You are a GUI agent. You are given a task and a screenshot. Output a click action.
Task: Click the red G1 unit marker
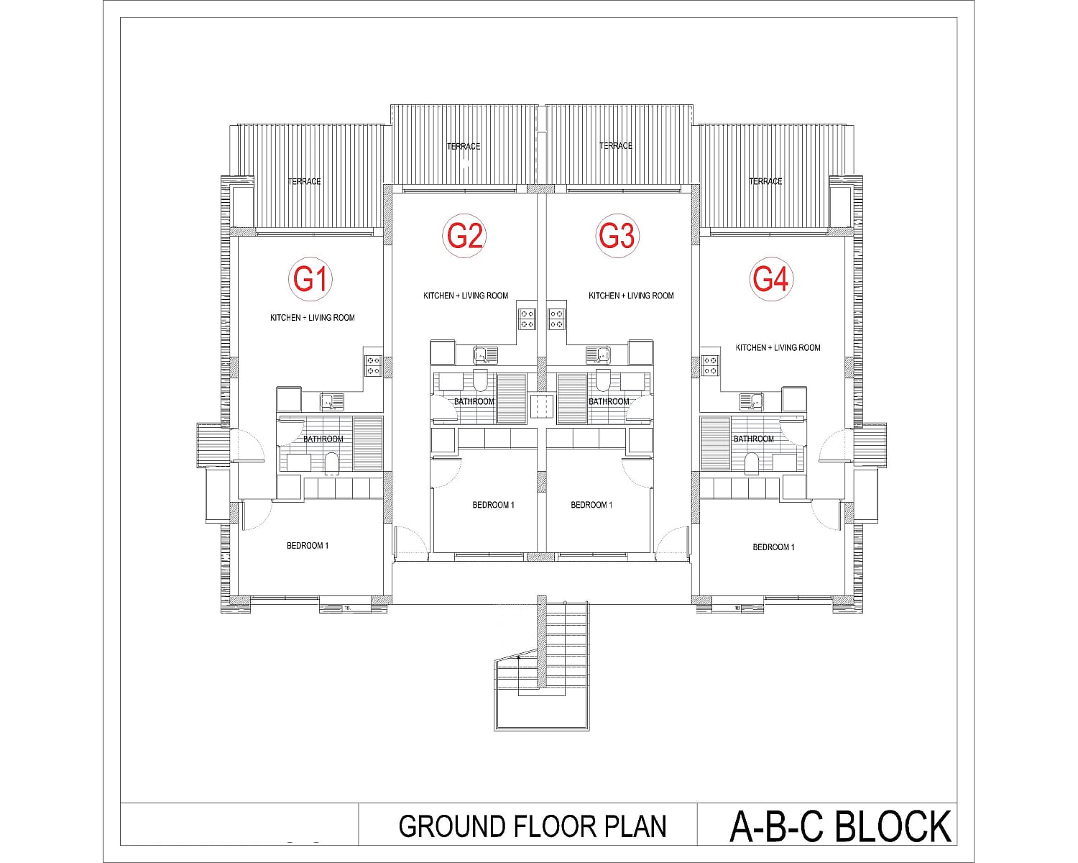coord(310,279)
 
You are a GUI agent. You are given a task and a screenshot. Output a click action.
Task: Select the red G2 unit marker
coord(464,236)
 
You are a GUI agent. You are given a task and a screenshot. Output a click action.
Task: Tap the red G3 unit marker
coord(617,236)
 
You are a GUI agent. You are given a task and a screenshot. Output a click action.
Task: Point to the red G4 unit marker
coord(771,279)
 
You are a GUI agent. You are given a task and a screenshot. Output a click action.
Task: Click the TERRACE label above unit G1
coord(305,181)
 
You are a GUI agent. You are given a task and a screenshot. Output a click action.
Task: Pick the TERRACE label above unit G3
coord(616,145)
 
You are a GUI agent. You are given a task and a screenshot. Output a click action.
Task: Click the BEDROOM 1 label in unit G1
coord(308,546)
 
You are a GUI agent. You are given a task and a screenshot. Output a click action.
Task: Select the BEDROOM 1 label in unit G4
coord(773,547)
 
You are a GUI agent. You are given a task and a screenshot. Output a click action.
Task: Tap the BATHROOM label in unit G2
coord(474,401)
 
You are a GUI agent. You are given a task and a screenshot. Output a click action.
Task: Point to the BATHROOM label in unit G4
coord(754,439)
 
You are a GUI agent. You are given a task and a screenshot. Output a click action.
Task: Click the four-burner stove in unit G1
coord(373,365)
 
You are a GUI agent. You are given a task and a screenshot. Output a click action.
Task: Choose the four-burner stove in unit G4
coord(710,365)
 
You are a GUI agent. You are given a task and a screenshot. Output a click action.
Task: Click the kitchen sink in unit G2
coord(485,355)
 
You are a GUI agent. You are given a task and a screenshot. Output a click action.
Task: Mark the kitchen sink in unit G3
coord(598,355)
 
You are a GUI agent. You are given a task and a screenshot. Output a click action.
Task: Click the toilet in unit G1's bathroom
coord(331,463)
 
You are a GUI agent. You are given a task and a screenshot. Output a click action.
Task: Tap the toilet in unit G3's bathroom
coord(603,380)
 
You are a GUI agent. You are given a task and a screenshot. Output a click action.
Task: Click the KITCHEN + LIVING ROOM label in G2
coord(466,296)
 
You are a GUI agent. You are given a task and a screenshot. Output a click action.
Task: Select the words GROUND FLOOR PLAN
coord(533,826)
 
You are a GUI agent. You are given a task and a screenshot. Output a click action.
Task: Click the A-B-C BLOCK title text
coord(840,826)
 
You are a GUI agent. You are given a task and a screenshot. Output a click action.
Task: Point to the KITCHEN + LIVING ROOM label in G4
coord(778,347)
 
